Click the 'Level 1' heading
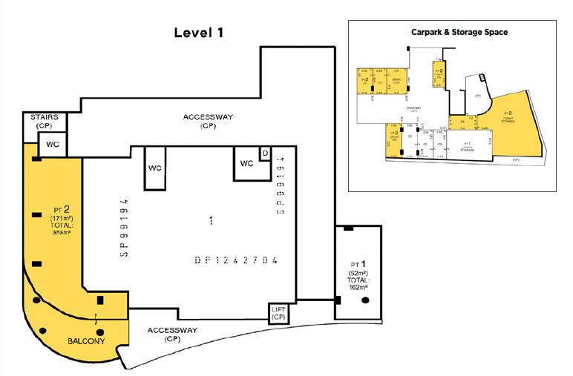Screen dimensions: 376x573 [x=198, y=33]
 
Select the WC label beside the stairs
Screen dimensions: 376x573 [x=53, y=143]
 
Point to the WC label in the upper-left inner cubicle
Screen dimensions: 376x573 [x=154, y=168]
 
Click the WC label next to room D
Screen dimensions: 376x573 [x=246, y=164]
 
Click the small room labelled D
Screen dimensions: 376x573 [x=265, y=153]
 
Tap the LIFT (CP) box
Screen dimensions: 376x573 [x=278, y=314]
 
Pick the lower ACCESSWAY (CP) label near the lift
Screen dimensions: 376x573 [x=171, y=334]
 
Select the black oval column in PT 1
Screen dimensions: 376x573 [x=365, y=300]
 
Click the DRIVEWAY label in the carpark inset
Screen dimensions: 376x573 [x=413, y=108]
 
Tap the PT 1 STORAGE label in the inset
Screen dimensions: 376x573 [x=467, y=145]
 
